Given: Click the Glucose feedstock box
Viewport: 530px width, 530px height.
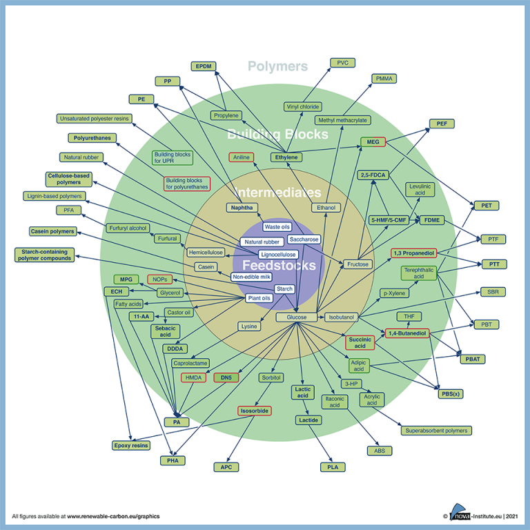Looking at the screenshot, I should [x=297, y=317].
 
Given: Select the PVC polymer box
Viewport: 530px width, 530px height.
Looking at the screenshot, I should [x=342, y=63].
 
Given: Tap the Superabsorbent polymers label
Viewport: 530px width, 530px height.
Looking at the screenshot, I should [x=436, y=430].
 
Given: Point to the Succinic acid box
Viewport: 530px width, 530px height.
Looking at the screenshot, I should [x=360, y=342].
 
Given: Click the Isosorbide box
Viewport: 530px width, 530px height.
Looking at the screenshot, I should [x=255, y=411].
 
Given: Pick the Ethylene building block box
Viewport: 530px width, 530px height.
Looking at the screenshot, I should [x=286, y=157].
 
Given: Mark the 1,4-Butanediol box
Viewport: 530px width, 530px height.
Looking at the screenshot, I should [x=406, y=333].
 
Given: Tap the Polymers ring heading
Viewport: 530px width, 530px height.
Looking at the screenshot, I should [x=277, y=66].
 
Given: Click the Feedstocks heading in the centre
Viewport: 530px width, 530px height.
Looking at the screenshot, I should [x=273, y=264].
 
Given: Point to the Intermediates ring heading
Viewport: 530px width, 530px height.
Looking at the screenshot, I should [x=277, y=193].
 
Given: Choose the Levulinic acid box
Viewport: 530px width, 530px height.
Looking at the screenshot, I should [x=421, y=190].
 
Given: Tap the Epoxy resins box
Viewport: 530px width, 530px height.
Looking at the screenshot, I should [x=130, y=445].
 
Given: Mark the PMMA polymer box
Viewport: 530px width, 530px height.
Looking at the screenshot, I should [x=384, y=79].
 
